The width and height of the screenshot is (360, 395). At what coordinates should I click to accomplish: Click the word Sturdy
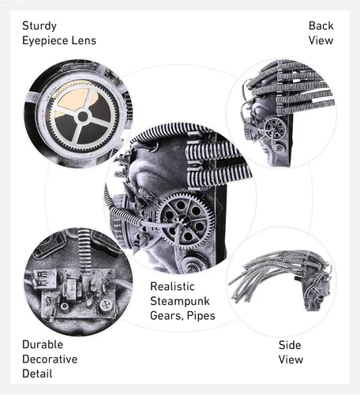39,26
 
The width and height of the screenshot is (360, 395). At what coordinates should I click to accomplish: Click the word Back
321,26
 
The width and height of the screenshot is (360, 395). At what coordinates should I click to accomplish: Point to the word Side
290,345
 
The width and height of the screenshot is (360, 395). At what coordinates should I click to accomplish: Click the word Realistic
172,286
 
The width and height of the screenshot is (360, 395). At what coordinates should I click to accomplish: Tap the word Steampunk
180,301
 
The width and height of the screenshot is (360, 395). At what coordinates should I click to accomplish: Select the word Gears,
167,316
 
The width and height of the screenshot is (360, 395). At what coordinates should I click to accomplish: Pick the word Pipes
201,316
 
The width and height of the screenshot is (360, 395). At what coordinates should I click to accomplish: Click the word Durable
43,344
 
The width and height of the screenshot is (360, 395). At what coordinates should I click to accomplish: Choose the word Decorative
50,359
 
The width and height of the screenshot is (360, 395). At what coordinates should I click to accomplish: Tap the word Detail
37,374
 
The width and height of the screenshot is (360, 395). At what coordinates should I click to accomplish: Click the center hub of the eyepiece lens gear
83,116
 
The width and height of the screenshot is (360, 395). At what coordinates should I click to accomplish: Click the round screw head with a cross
107,305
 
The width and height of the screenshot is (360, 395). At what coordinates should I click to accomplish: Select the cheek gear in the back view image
276,129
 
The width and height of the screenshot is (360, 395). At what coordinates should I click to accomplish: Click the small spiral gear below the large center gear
193,261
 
